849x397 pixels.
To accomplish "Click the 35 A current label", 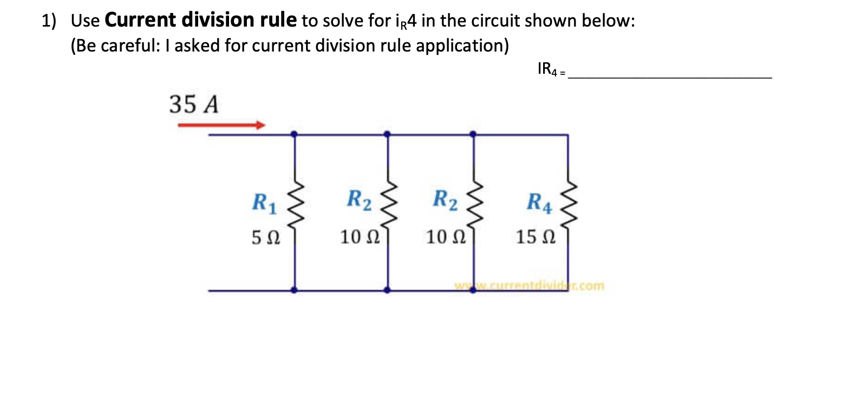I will pos(194,105).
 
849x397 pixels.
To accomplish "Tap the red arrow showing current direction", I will pos(221,125).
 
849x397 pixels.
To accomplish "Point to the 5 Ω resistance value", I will pos(265,237).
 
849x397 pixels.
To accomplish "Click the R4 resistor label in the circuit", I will pos(539,204).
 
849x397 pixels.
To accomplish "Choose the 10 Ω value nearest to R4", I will pos(444,237).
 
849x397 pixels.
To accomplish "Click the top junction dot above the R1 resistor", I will pos(294,134).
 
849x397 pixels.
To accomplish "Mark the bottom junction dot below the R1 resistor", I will pos(294,290).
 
